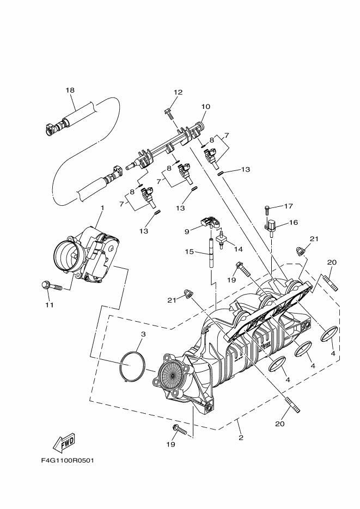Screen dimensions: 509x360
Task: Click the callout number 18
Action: click(70, 90)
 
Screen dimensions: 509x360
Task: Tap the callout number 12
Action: click(179, 92)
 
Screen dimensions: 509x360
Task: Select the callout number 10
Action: click(205, 107)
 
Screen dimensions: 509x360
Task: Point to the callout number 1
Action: click(101, 207)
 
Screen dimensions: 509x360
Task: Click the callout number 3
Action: click(143, 334)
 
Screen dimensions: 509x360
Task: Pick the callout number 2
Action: click(240, 437)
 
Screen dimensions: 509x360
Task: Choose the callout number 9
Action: click(186, 231)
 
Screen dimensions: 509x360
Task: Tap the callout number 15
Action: click(190, 252)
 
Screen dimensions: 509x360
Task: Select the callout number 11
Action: click(50, 305)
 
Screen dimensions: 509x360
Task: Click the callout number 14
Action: click(237, 249)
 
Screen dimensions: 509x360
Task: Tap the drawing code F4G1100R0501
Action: click(68, 460)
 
